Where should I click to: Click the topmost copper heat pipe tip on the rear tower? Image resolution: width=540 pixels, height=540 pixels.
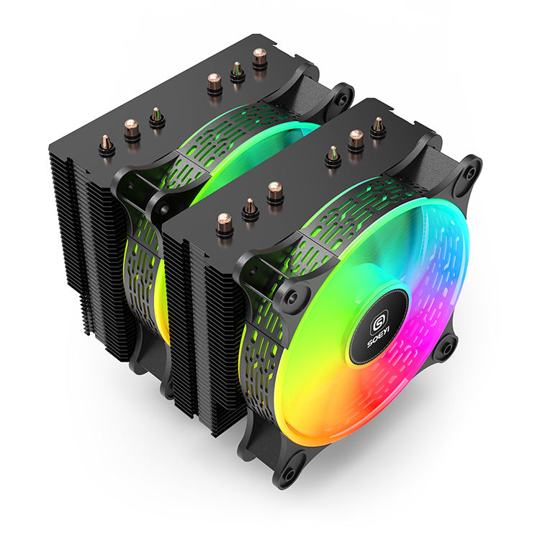point(260,57)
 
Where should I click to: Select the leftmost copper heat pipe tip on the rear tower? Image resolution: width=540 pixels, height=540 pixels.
point(106,143)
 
